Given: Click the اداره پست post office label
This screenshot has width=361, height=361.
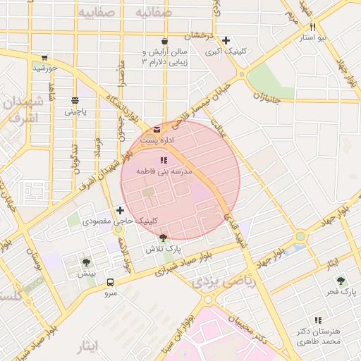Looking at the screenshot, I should tap(155, 141).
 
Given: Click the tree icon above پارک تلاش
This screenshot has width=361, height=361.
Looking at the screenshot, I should tap(164, 238).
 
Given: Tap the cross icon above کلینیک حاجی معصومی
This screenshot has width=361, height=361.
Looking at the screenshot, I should tap(120, 210).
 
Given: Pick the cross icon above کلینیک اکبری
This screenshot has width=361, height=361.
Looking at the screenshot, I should tap(225, 41).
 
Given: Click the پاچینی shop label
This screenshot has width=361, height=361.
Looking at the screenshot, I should tap(75, 111).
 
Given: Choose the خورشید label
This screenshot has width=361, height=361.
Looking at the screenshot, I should tap(44, 68).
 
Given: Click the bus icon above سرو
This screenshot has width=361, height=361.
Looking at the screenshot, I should tap(111, 282).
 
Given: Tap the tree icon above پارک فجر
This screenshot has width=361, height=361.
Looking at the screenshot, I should tap(343, 280).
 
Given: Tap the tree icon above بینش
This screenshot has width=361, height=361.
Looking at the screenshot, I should tap(86, 262).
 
